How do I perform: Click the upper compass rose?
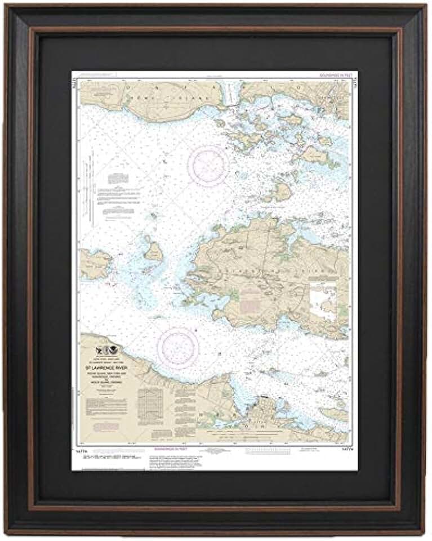click(208, 166)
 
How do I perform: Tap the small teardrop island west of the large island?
click(152, 250)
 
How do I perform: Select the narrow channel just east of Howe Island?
click(230, 97)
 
